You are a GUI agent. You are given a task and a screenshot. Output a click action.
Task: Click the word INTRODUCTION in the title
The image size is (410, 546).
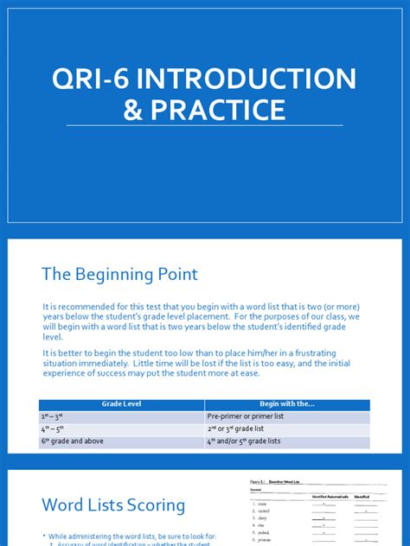pos(252,79)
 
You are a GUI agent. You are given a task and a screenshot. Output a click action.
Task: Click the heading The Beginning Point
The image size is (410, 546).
pos(119,274)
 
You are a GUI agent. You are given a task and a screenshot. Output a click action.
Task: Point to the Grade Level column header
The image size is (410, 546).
pos(121,404)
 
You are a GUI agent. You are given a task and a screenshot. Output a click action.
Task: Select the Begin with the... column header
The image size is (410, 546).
pos(286,404)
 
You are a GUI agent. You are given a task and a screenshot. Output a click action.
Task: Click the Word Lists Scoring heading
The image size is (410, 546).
pos(112,505)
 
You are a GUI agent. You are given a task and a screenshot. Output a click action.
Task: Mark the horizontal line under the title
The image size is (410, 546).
pos(204,127)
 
